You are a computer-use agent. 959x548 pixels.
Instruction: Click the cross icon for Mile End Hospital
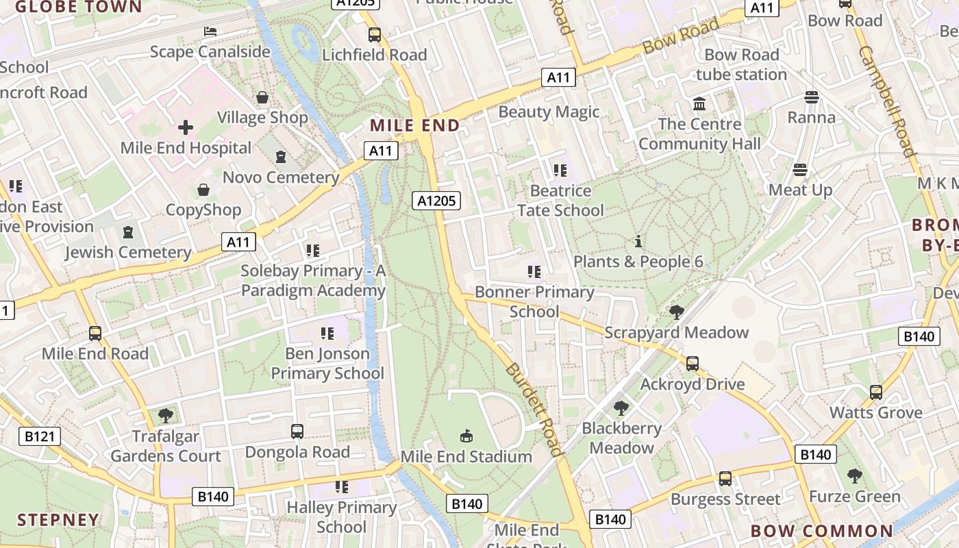point(186,127)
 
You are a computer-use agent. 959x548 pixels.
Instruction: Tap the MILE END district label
point(414,125)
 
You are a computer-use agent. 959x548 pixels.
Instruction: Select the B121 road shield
point(39,436)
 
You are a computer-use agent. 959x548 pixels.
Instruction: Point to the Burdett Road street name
point(534,410)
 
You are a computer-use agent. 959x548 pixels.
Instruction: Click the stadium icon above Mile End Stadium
point(466,436)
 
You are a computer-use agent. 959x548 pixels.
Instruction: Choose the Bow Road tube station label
point(741,64)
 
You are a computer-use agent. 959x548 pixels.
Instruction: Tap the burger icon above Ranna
point(812,97)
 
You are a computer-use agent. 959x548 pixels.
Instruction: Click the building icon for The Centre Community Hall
point(699,104)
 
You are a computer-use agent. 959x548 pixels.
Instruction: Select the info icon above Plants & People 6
point(638,241)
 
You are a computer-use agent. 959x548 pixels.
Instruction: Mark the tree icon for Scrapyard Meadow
point(677,312)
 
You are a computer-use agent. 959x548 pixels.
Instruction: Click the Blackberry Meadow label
point(622,438)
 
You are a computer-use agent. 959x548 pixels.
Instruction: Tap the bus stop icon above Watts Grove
point(876,393)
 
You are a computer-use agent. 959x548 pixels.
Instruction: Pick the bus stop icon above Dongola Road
point(297,432)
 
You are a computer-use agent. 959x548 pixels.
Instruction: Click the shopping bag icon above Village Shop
point(262,97)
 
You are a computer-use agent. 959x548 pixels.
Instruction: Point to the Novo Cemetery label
point(281,177)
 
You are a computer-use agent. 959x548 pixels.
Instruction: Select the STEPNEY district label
point(58,519)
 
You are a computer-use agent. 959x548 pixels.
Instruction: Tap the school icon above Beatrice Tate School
point(560,170)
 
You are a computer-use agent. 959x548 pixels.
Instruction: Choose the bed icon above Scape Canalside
point(210,32)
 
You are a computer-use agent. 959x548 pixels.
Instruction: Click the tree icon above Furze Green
point(854,475)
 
